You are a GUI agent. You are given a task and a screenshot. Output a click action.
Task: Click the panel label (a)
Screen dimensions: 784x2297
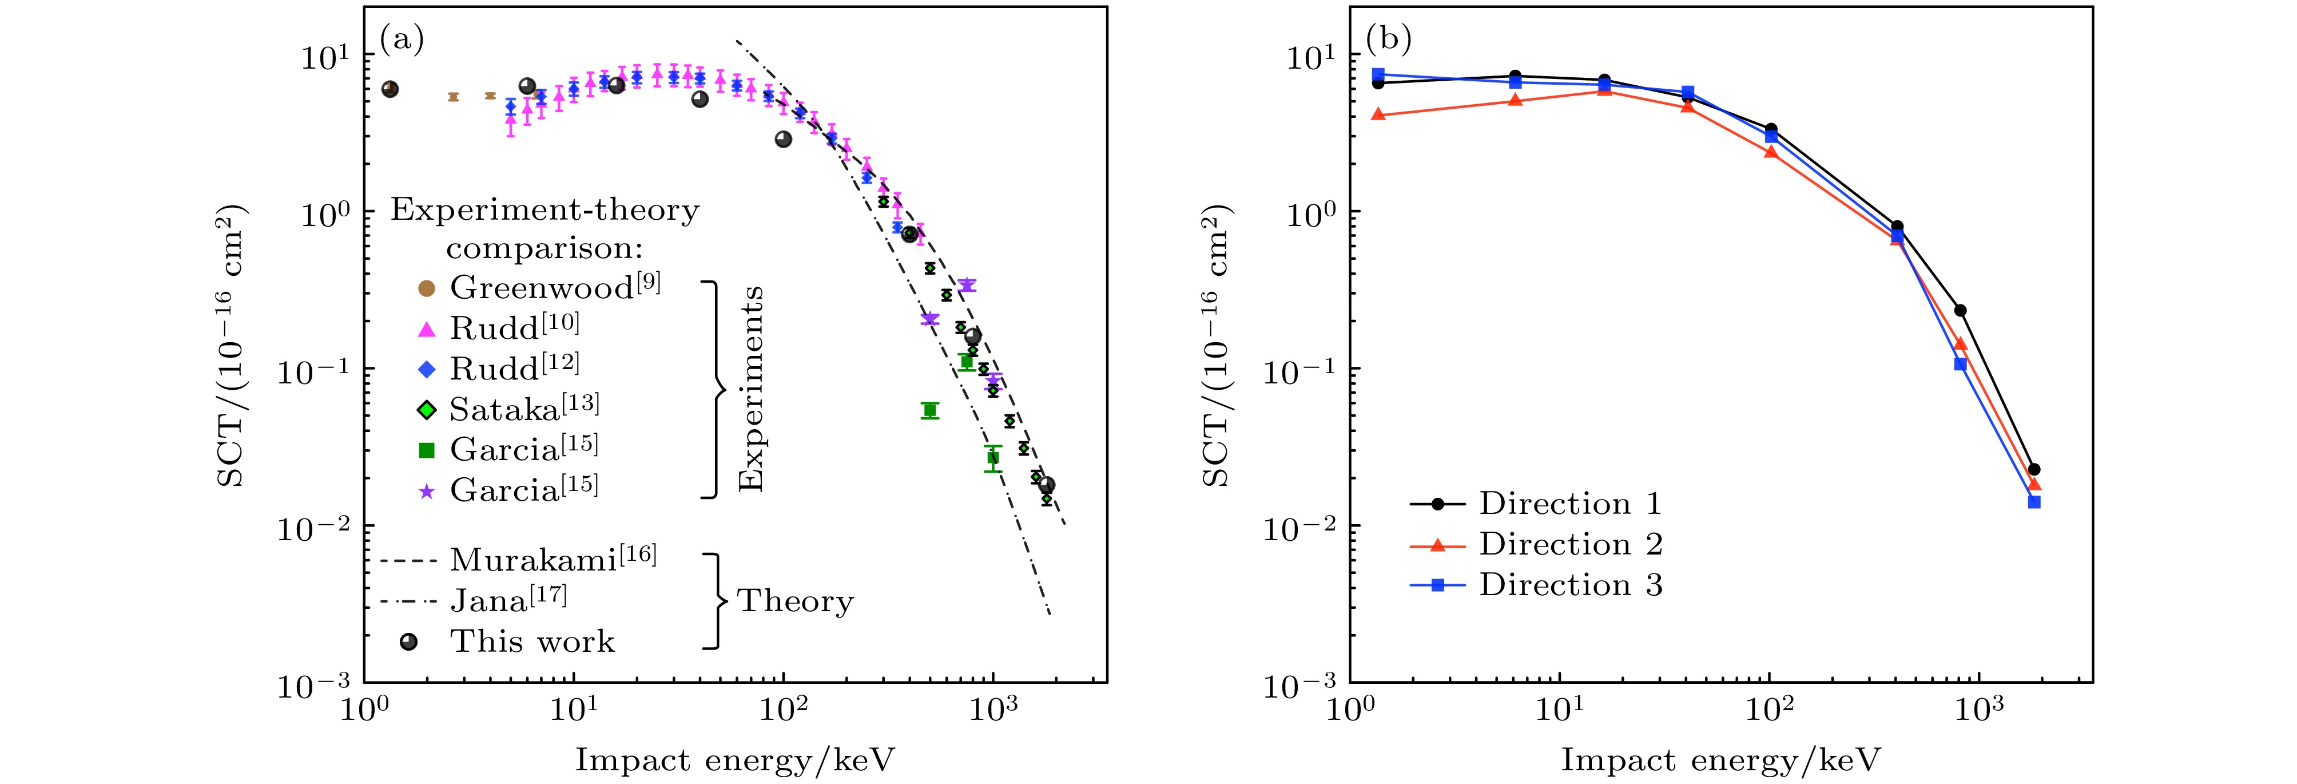pos(402,40)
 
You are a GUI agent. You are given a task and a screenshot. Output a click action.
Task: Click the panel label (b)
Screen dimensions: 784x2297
pos(1388,40)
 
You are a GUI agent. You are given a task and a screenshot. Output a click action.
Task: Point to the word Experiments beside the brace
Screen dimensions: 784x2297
pos(752,389)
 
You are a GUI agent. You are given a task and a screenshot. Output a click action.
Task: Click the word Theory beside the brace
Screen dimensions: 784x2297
pos(796,601)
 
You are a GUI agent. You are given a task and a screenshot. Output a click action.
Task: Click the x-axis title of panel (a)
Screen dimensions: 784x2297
pos(735,760)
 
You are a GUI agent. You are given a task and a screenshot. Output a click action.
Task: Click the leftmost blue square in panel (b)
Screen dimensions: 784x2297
pos(1378,75)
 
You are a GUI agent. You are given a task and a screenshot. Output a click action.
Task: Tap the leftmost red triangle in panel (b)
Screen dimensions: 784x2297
pos(1378,114)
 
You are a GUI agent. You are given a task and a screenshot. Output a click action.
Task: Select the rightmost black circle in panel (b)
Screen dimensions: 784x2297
pos(2034,469)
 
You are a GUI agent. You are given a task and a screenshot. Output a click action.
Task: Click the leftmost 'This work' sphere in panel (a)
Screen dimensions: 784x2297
pos(390,89)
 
